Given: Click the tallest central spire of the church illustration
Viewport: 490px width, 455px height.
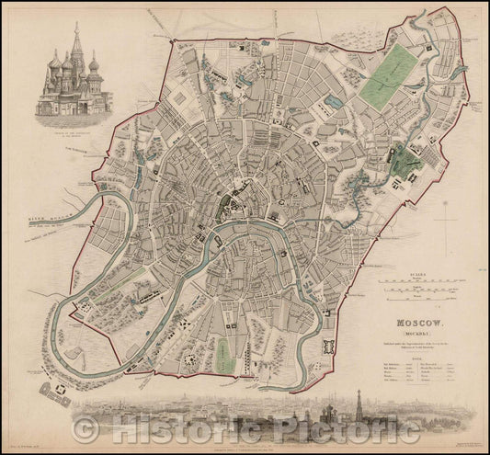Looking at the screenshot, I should pyautogui.click(x=77, y=46).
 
